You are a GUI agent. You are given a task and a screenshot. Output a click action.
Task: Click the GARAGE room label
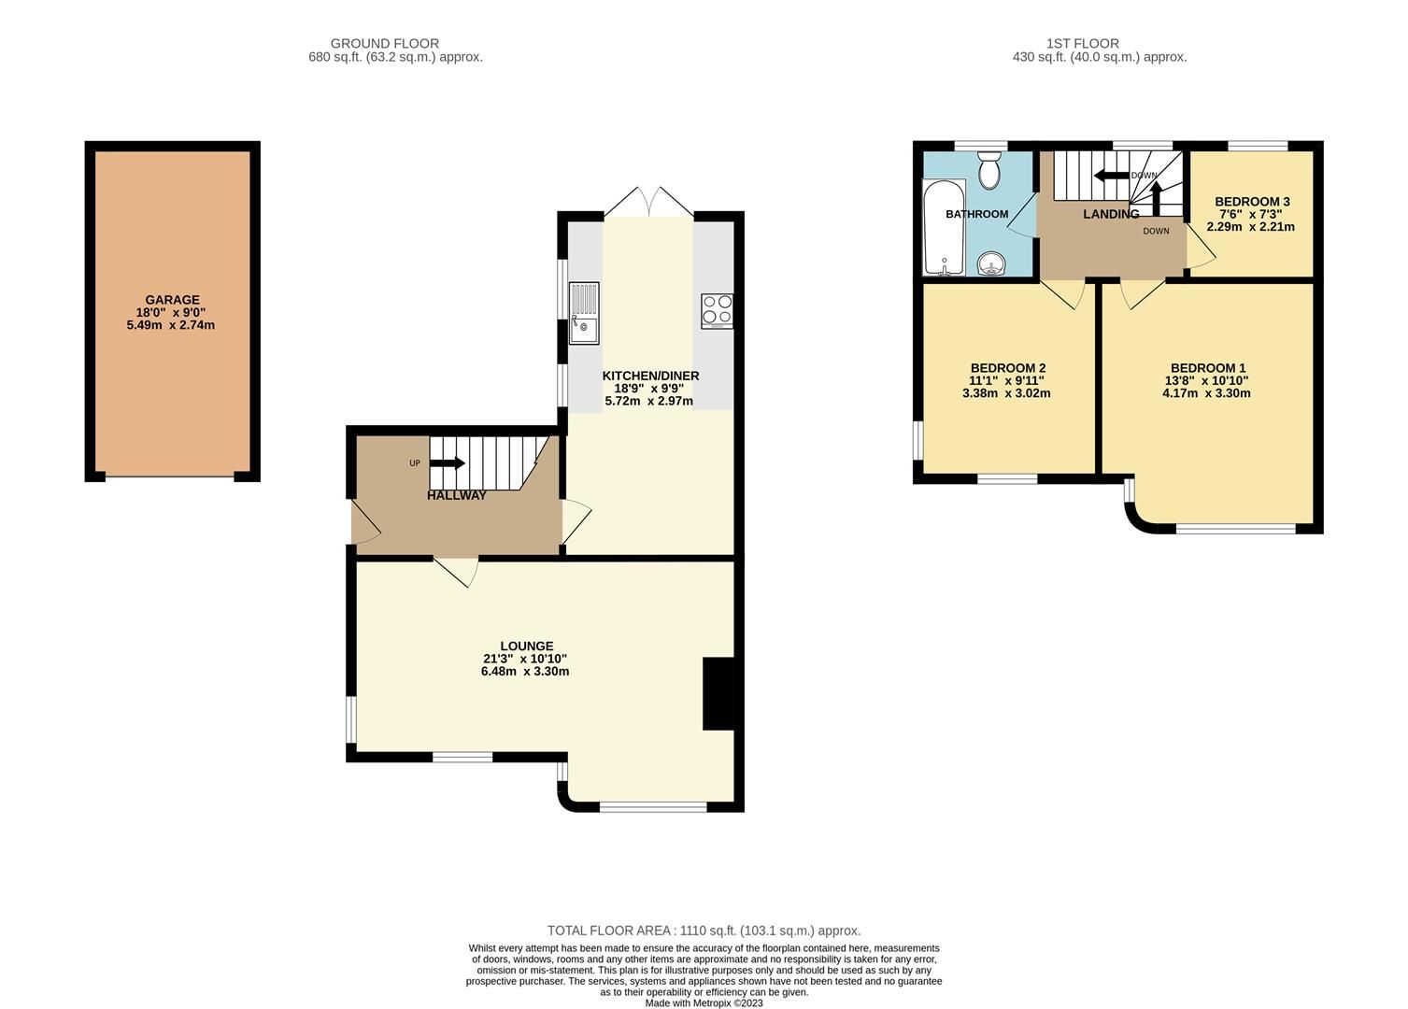point(171,300)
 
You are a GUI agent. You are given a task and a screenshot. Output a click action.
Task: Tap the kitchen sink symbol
point(584,313)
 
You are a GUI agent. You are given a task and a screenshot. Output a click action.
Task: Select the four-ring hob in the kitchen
point(718,310)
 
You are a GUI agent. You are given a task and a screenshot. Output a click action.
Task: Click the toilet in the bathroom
point(988,172)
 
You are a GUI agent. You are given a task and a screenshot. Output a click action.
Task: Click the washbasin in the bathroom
point(991,266)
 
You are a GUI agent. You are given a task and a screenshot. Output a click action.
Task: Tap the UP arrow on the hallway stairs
point(448,462)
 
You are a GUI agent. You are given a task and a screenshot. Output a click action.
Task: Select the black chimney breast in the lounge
point(718,693)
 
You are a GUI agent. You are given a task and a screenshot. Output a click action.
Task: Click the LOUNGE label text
point(527,646)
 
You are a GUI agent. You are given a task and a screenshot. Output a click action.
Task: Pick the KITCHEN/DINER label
point(650,376)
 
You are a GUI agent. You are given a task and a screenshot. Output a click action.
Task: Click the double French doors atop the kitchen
point(649,203)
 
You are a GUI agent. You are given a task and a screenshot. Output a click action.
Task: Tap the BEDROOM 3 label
point(1252,201)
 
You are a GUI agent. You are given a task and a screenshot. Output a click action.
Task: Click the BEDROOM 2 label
point(1007,367)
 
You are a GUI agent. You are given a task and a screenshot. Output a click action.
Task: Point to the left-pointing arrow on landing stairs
point(1111,176)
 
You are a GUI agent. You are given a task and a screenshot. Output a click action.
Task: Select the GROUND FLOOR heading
point(384,43)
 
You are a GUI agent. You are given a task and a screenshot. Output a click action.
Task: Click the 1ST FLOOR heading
point(1082,43)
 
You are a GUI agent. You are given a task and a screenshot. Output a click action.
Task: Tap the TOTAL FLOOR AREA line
point(704,931)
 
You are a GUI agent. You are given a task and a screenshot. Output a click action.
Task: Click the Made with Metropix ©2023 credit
point(704,1003)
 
